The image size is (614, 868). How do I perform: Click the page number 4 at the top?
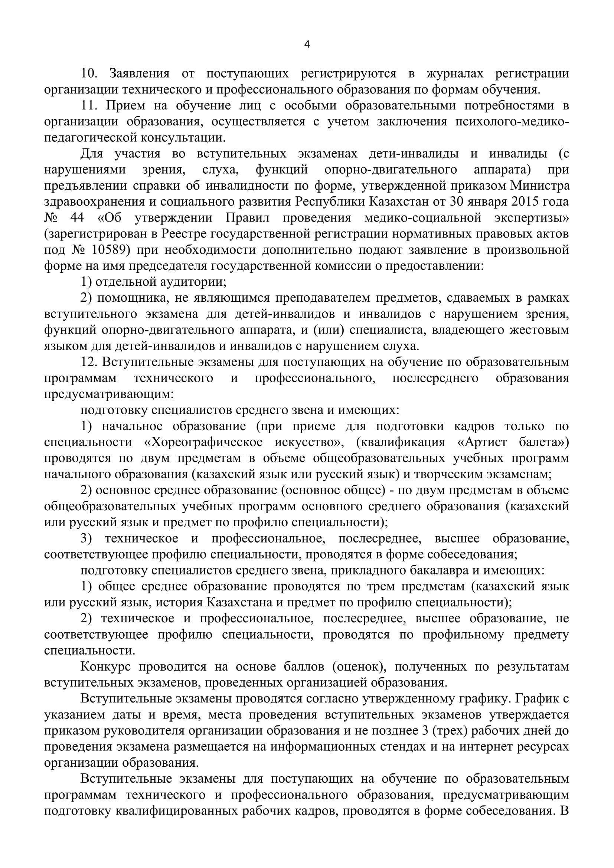[x=307, y=45]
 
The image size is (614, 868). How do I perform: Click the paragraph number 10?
[x=89, y=73]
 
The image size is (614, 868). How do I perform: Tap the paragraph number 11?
[x=89, y=105]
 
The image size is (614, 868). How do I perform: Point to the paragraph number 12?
[x=89, y=362]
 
